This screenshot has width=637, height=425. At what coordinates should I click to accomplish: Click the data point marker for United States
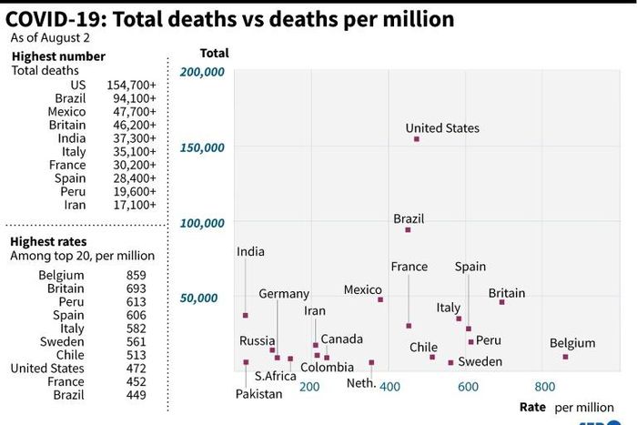(x=417, y=139)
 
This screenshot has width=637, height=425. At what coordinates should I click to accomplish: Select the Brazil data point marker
(x=408, y=229)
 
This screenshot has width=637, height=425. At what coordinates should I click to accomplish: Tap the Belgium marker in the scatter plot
(x=565, y=357)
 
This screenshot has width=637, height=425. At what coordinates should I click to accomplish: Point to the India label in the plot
(x=251, y=251)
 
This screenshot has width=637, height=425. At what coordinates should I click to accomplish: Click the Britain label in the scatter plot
(x=507, y=293)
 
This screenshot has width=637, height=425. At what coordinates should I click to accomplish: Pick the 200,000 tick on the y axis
(x=203, y=72)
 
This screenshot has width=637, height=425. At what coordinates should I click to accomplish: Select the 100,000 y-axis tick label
(x=203, y=222)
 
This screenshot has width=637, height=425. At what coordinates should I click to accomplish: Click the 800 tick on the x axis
(x=544, y=386)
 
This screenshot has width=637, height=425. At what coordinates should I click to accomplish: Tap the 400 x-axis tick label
(x=389, y=386)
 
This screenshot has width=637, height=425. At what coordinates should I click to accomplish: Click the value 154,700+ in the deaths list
(x=131, y=85)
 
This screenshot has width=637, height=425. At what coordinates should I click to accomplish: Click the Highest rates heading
(x=48, y=241)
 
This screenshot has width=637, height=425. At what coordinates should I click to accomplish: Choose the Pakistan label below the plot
(x=259, y=394)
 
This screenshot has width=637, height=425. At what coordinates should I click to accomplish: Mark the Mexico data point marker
(x=380, y=299)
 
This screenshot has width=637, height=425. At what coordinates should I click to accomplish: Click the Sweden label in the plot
(x=480, y=361)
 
